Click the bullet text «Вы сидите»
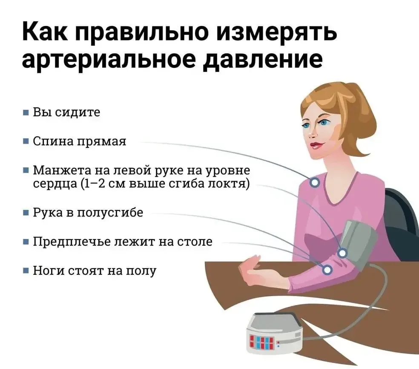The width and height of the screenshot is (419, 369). pos(66,112)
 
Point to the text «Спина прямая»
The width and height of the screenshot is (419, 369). pos(79,141)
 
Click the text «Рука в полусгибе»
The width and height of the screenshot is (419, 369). pos(88,213)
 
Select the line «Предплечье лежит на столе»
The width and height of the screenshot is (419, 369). pos(123,242)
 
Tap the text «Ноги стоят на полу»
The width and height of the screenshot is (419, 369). pos(95,271)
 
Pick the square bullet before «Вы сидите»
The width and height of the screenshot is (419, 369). pos(26,112)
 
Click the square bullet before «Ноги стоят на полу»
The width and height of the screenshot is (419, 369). pos(26,271)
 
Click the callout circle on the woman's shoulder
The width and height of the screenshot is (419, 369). pos(315,183)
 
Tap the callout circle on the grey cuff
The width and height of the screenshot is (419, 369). pos(342,253)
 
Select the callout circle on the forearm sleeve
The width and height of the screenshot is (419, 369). pos(327,270)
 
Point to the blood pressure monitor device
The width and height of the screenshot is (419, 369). pos(275,333)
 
